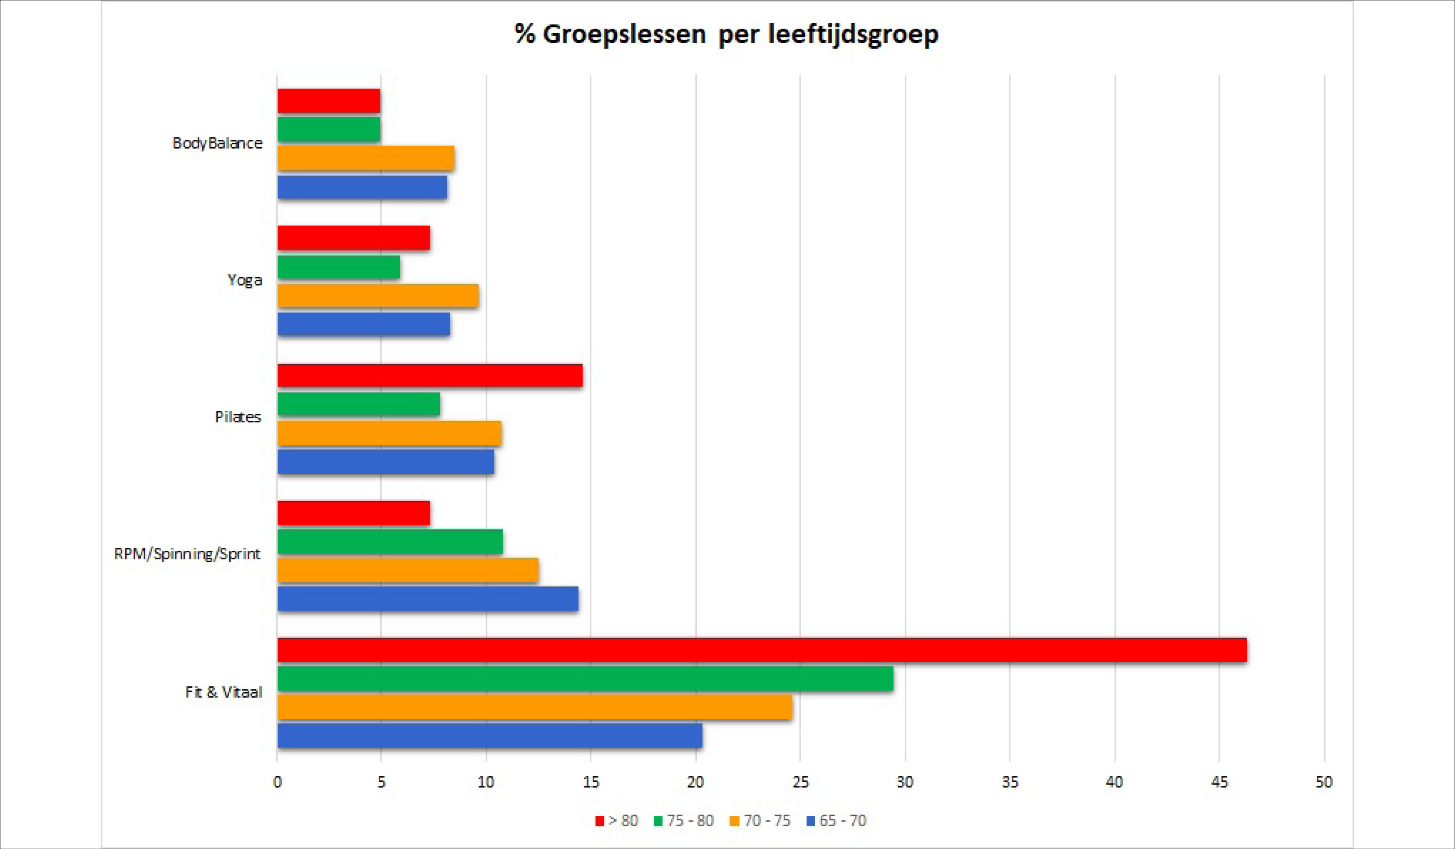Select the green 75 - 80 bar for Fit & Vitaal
tap(585, 679)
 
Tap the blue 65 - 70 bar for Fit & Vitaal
tap(490, 736)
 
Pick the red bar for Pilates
tap(429, 375)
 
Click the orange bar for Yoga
tap(378, 296)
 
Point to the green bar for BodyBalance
tap(328, 129)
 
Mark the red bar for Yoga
tap(353, 238)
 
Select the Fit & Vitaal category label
tap(223, 692)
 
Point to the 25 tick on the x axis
tap(800, 782)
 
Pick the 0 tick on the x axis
tap(278, 782)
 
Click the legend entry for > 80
tap(617, 821)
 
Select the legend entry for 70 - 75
tap(760, 821)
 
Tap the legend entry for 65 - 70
tap(836, 821)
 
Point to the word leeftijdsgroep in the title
tap(853, 35)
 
